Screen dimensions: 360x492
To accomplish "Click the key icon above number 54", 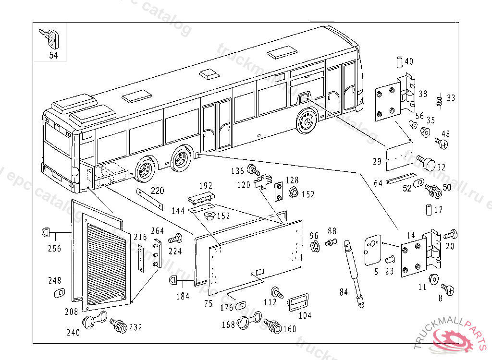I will tap(51, 38).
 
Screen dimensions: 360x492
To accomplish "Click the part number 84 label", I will tap(343, 291).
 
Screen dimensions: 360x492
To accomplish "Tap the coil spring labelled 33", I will tap(438, 101).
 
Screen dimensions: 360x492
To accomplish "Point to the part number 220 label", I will tap(157, 191).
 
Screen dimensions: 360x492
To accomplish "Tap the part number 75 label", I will tap(208, 303).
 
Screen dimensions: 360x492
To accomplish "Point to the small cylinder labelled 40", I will tap(399, 62).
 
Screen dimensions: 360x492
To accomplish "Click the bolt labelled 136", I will tap(253, 170).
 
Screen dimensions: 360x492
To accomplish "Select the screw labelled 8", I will tap(448, 289).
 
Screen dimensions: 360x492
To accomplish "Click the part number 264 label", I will tap(158, 231).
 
